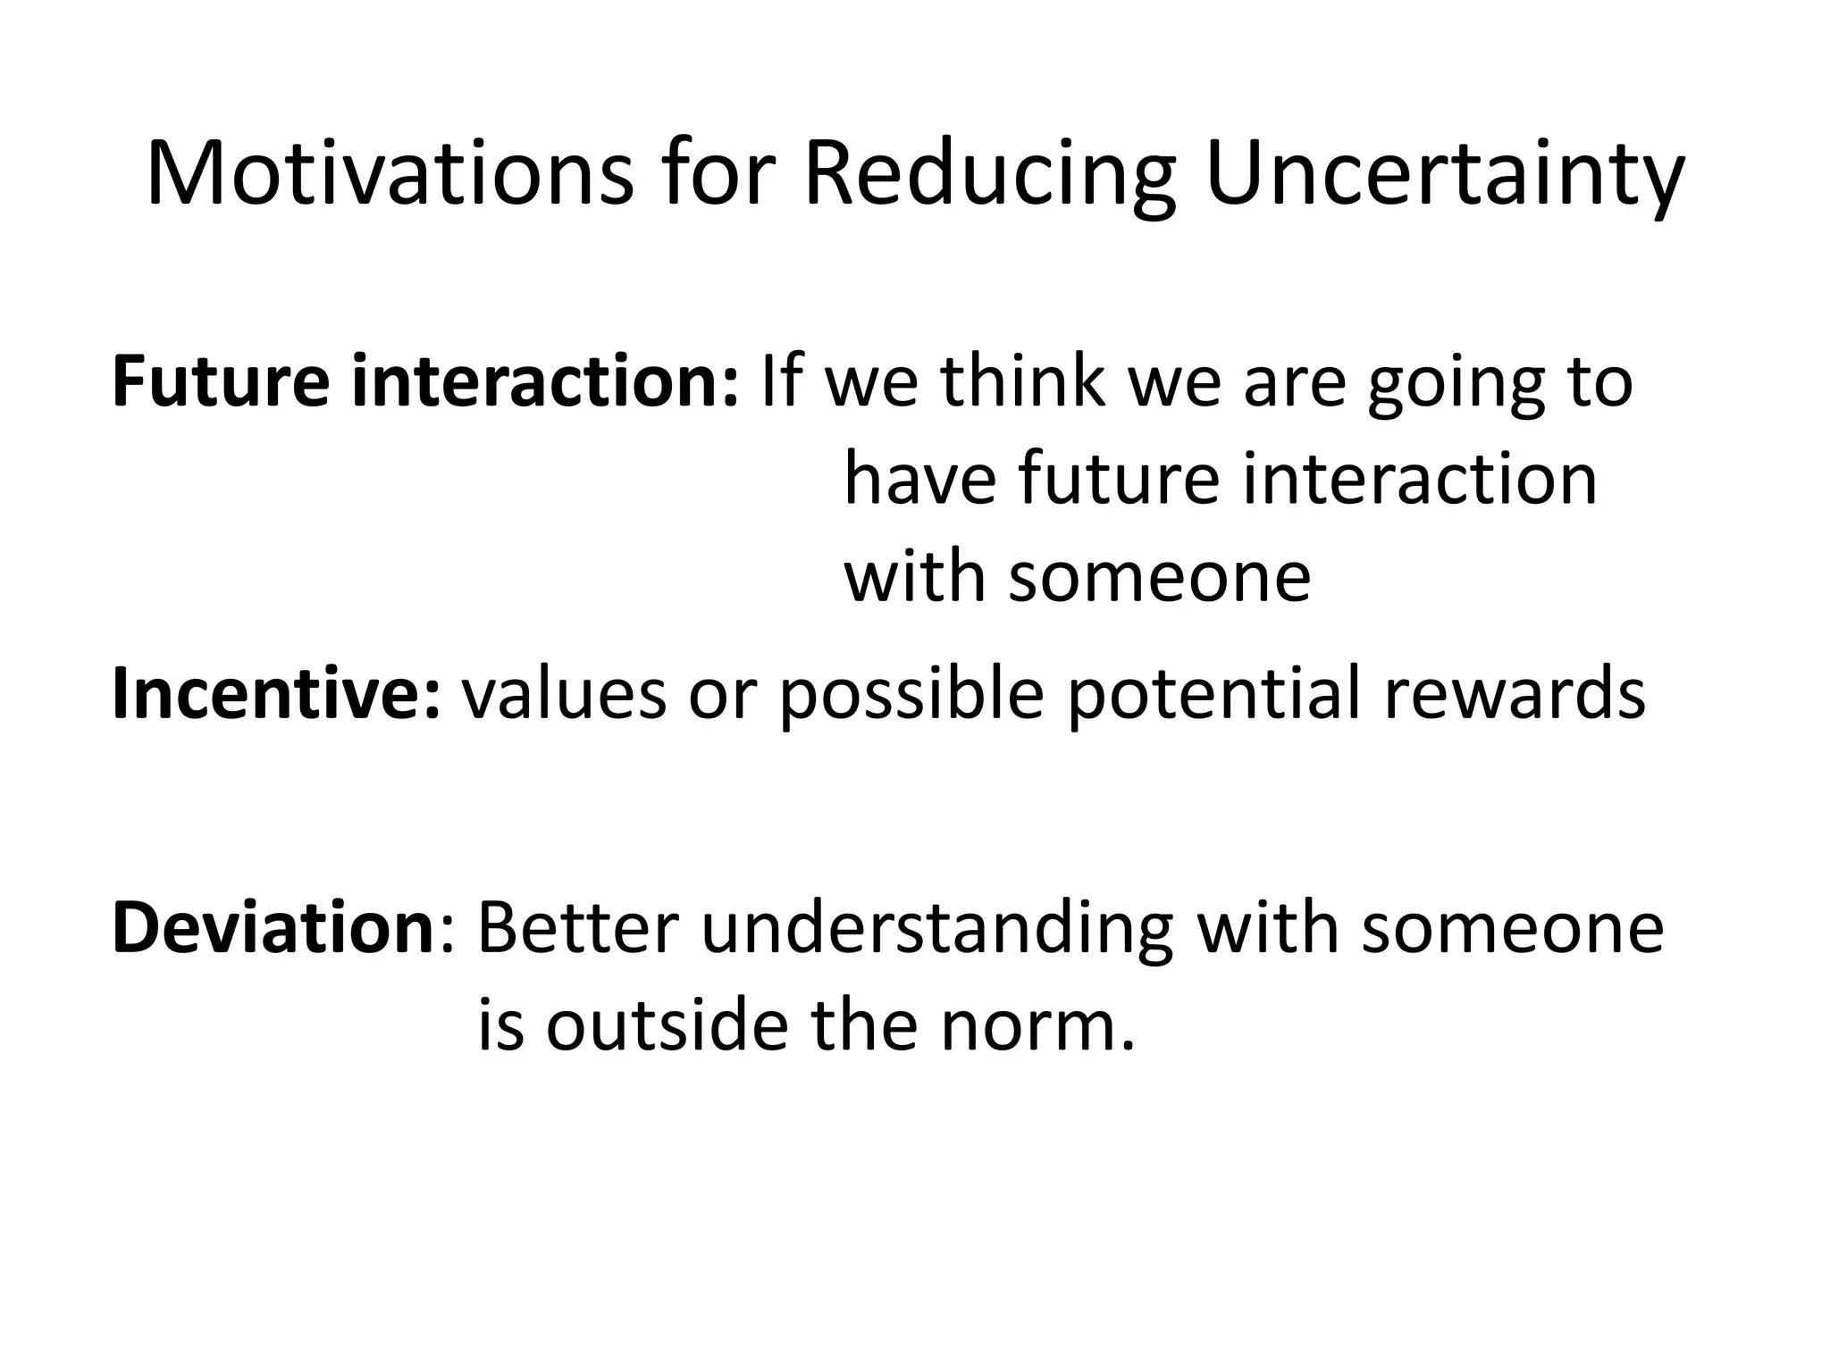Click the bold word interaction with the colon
coord(545,381)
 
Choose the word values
coord(564,695)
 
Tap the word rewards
coord(1515,695)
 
